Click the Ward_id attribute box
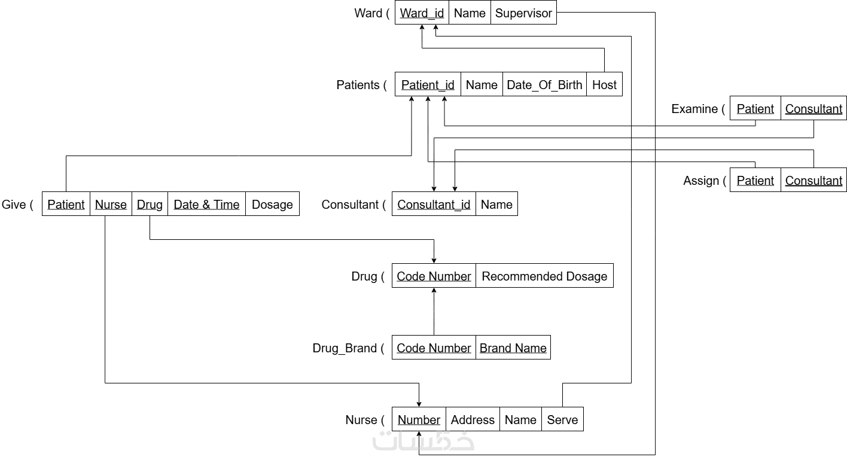(422, 13)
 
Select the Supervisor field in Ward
(523, 13)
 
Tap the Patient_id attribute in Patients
(428, 84)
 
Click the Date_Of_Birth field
(544, 84)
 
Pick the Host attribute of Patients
(604, 84)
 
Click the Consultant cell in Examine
(814, 108)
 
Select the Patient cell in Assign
(755, 180)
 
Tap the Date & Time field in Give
(206, 204)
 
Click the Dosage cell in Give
(272, 204)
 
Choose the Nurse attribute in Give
(111, 204)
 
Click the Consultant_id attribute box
(434, 204)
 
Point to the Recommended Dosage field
(544, 276)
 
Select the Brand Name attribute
(513, 348)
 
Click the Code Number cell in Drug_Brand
(434, 348)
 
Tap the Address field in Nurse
(473, 419)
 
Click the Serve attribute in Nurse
(562, 419)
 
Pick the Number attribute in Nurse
(419, 419)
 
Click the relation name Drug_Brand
(345, 348)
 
